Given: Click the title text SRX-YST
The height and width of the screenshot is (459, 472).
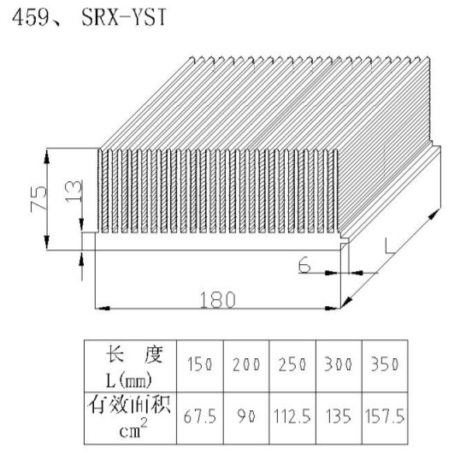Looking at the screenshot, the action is pos(124,17).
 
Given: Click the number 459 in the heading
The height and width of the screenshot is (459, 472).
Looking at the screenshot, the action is pos(31,17).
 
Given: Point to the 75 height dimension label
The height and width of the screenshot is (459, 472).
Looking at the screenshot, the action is pos(38,198).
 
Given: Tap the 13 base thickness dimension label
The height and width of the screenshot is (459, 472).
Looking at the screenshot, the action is pos(74,191).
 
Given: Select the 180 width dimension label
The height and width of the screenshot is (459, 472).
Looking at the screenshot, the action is pos(217,299).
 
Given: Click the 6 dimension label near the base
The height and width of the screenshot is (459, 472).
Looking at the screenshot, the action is pos(304,265).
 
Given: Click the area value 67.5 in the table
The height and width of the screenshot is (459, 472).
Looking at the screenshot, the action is pos(200,416).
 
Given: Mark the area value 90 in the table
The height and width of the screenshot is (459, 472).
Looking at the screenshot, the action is pos(246,416).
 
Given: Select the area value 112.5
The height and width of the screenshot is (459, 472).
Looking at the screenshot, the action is pos(292,416).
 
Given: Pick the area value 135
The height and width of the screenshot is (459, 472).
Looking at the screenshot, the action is pos(339,416).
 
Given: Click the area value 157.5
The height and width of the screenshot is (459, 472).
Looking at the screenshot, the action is pos(385,416).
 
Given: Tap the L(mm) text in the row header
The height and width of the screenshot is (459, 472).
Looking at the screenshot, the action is pos(128,381).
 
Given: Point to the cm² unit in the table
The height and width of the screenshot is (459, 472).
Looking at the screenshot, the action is pos(133,428).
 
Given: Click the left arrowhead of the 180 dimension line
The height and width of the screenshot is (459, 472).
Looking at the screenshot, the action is pos(103,309).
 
